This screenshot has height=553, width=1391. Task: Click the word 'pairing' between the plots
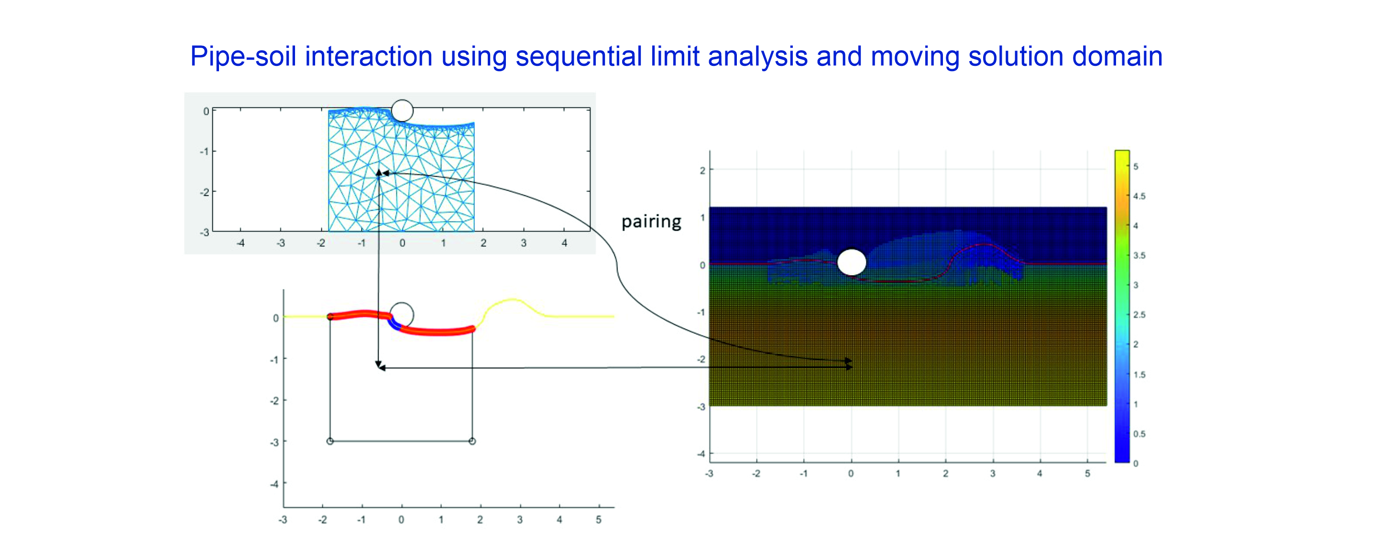point(651,222)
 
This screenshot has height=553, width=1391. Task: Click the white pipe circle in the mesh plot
point(402,111)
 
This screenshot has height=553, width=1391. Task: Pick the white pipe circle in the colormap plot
point(852,263)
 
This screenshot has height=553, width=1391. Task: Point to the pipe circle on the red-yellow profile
point(401,315)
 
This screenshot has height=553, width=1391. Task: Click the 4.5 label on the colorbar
point(1139,196)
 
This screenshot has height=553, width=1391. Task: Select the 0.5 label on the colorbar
point(1139,434)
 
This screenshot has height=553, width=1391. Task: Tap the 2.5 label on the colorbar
point(1139,315)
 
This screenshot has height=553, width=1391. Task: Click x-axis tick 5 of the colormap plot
point(1087,474)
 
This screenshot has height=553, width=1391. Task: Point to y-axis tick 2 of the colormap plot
point(702,170)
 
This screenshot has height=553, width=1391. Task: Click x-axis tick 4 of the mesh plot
point(564,244)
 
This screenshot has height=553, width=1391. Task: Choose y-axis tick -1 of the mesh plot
point(204,151)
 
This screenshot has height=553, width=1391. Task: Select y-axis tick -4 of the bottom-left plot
point(274,484)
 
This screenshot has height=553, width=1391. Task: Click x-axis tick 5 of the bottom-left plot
point(598,520)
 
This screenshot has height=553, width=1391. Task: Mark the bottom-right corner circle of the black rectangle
point(472,441)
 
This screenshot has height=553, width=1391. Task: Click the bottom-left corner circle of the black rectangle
point(330,441)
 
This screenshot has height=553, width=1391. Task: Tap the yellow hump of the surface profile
point(512,299)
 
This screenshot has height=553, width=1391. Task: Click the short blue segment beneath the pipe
point(393,323)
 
